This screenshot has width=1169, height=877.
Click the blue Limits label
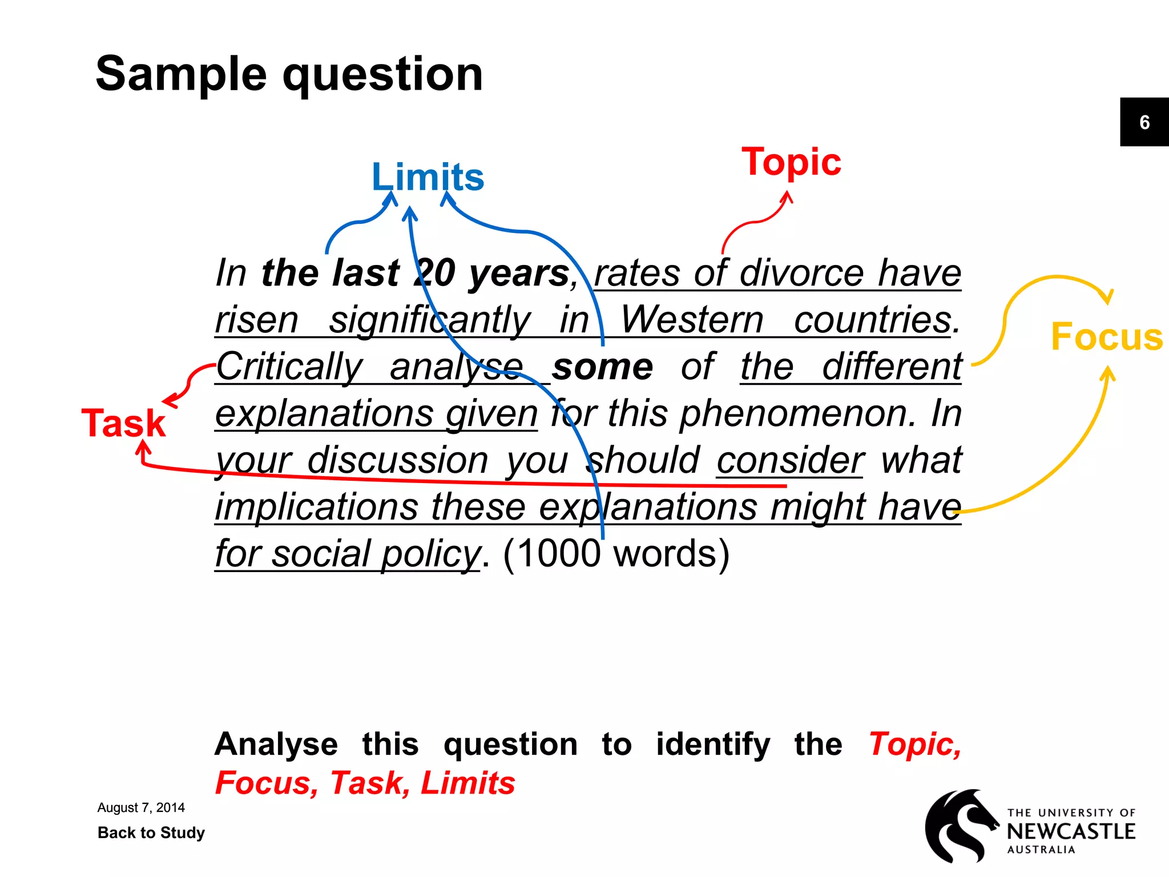pos(428,177)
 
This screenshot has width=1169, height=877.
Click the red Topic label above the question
pos(791,162)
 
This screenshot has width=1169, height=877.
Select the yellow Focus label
pos(1106,337)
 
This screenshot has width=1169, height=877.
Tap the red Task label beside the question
pos(124,423)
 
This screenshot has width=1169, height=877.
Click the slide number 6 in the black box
pos(1144,122)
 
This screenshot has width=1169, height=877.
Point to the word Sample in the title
pos(181,74)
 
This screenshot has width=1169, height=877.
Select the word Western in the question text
pos(692,320)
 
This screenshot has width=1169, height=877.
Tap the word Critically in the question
pos(289,367)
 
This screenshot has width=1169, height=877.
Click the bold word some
pos(602,367)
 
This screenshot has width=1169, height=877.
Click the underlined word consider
pos(791,460)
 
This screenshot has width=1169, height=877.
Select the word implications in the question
pos(317,507)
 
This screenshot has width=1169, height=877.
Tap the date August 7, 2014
pos(141,807)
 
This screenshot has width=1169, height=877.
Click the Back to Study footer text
pos(151,832)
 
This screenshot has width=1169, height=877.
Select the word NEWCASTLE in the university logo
pos(1071,831)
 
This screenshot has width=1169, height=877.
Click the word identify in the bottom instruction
pos(713,745)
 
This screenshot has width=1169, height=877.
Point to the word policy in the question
pos(431,554)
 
